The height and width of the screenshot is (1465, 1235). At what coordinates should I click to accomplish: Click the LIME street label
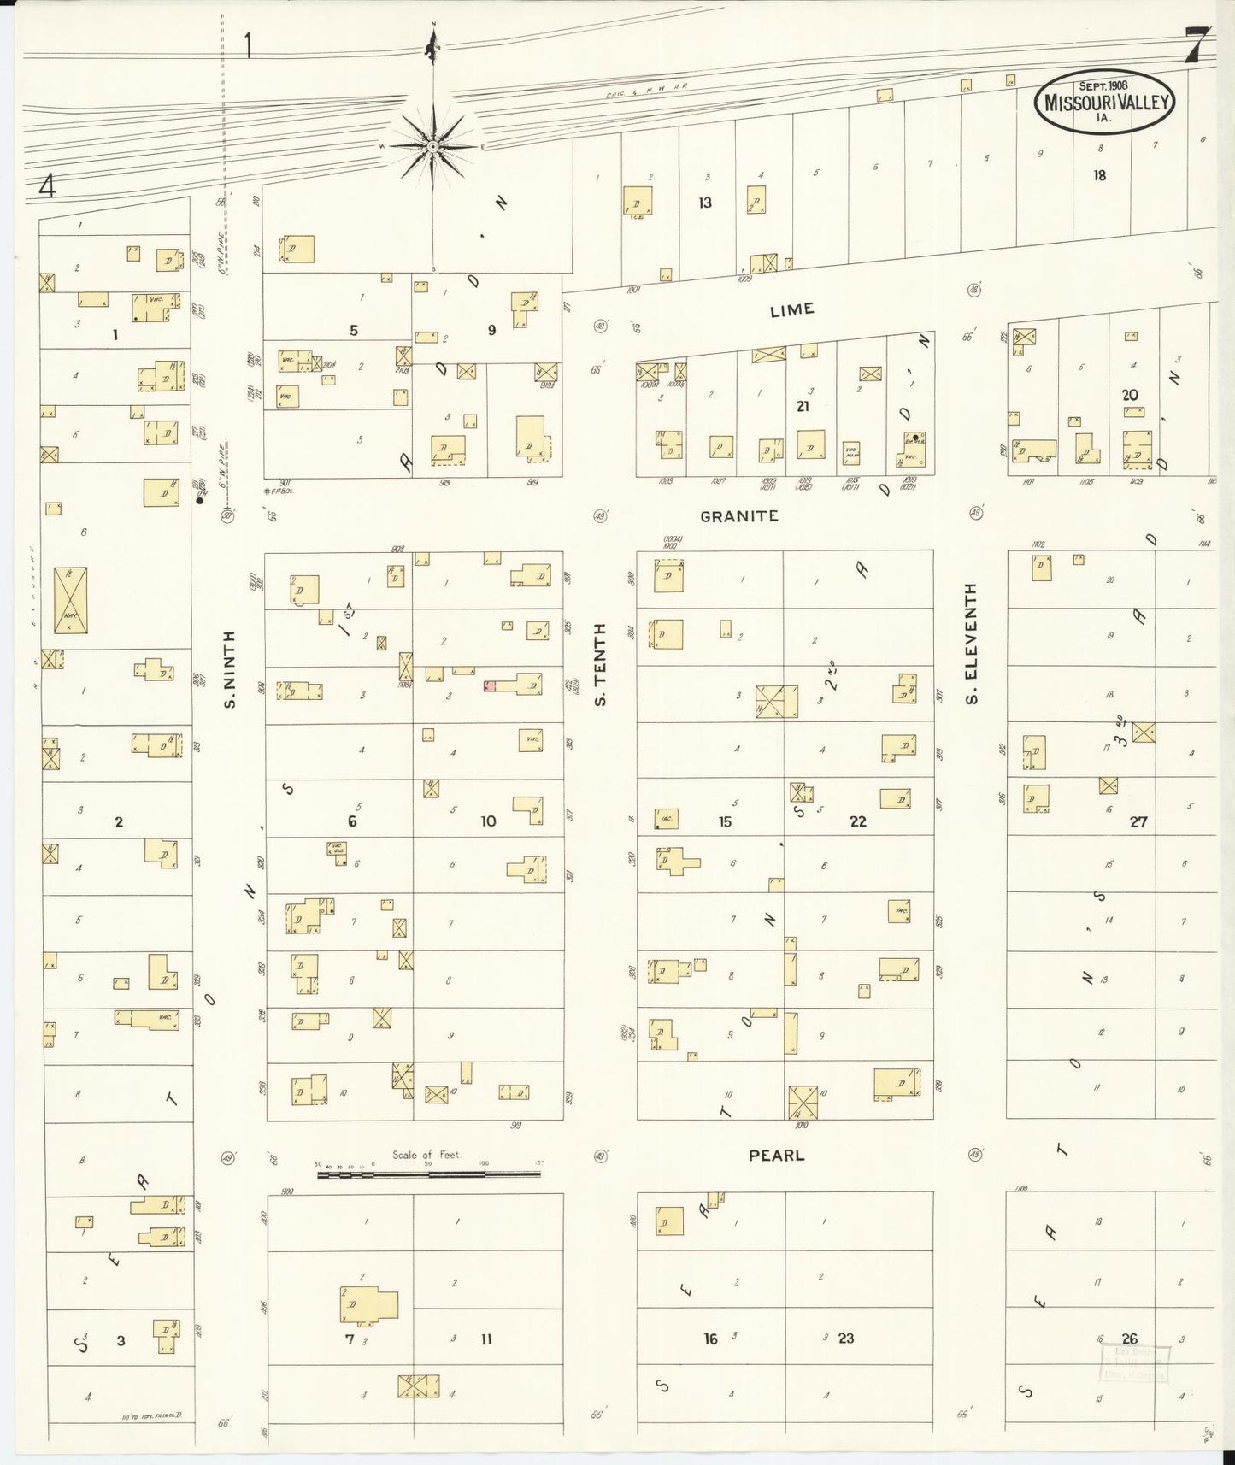coord(791,309)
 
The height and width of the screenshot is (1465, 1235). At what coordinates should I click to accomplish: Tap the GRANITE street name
coord(739,516)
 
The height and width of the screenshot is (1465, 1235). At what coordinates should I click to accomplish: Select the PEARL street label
coord(776,1156)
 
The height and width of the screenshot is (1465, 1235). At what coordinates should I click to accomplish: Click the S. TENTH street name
coord(600,664)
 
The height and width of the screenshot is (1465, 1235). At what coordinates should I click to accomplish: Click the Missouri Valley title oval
coord(1104,102)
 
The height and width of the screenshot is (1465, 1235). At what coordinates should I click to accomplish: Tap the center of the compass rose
coord(433,146)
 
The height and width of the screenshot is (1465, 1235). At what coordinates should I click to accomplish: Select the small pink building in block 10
coord(490,685)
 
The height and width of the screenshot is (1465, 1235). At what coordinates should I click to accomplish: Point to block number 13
coord(704,203)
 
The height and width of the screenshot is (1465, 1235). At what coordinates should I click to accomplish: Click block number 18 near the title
coord(1099,175)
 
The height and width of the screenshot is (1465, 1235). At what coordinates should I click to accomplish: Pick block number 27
coord(1138,822)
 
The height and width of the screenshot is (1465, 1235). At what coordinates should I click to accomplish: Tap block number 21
coord(802,407)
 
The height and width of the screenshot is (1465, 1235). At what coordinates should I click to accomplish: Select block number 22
coord(857,821)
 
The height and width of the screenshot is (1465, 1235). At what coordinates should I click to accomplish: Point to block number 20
coord(1129,395)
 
